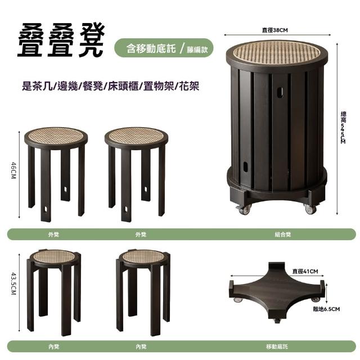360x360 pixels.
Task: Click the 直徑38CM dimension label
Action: click(x=275, y=30)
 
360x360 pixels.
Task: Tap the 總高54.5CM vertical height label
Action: click(x=344, y=128)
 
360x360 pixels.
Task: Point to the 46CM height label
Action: click(x=13, y=170)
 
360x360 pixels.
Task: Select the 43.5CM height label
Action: click(x=13, y=283)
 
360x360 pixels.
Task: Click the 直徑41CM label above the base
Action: click(x=305, y=271)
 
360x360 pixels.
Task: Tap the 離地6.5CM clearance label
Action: click(x=326, y=309)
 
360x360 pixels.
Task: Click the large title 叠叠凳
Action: click(x=61, y=40)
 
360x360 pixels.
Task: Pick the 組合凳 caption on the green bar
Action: click(x=283, y=235)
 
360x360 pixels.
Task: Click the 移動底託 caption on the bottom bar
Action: click(x=277, y=346)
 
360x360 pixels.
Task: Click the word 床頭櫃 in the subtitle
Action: click(x=123, y=86)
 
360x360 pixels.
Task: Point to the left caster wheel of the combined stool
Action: click(x=244, y=210)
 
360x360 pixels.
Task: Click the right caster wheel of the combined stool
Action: click(x=310, y=209)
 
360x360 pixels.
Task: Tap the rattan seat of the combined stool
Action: click(x=277, y=52)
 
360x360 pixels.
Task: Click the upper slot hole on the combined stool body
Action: click(x=280, y=92)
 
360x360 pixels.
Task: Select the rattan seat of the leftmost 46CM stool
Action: click(x=56, y=136)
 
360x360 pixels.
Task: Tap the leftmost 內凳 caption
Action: click(x=54, y=346)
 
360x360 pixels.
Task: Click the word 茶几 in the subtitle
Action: click(x=43, y=86)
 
